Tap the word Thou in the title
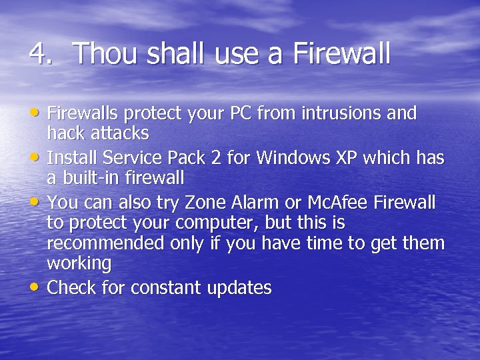(x=102, y=54)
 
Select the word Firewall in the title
(x=341, y=54)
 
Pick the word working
(x=79, y=264)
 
